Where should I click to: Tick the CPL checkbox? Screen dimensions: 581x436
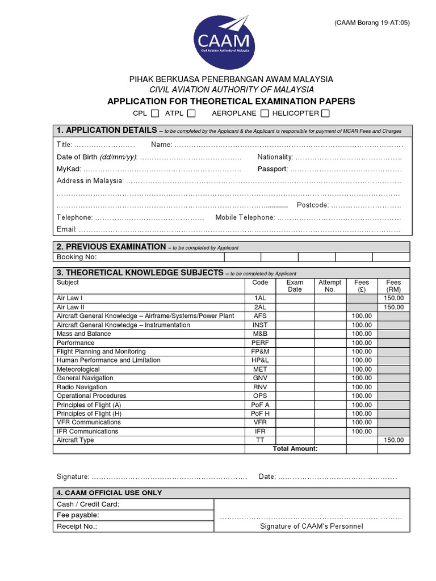[x=155, y=113]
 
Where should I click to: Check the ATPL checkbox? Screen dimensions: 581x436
[x=191, y=113]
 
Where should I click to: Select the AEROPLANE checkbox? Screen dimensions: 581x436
[x=265, y=113]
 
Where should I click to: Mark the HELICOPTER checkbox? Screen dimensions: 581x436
[x=325, y=113]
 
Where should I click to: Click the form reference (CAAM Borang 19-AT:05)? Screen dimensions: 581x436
[x=371, y=23]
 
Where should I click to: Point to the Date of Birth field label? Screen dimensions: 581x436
[x=97, y=157]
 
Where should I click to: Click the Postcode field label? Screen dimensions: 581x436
[x=312, y=205]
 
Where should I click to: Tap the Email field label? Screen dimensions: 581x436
[x=66, y=230]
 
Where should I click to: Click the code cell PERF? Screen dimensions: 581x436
[x=260, y=343]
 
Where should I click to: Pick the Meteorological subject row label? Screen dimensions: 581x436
[x=78, y=369]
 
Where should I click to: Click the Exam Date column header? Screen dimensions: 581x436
[x=295, y=286]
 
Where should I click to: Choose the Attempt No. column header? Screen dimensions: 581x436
[x=330, y=286]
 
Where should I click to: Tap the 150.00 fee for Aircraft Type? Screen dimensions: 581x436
[x=393, y=440]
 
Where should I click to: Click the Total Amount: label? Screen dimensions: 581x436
[x=295, y=449]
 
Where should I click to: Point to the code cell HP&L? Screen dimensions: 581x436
[x=260, y=360]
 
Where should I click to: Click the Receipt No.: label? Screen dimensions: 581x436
[x=77, y=526]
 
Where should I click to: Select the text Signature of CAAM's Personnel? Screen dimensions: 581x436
[x=311, y=526]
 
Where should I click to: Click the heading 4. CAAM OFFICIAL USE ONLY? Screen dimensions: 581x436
[x=109, y=493]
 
